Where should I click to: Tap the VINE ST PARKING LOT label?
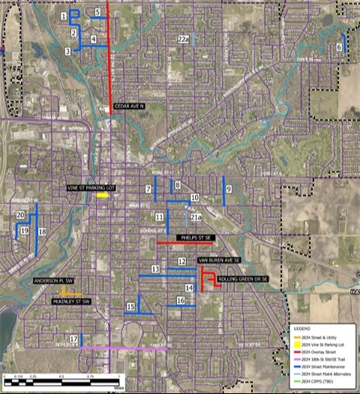tap(90, 187)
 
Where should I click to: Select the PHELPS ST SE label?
tap(196, 237)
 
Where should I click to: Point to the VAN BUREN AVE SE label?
tap(219, 260)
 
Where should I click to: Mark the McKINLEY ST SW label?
tap(70, 301)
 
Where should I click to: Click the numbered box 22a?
tap(183, 38)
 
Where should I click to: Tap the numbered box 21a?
tap(196, 217)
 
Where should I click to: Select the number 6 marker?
tap(339, 47)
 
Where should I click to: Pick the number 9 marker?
tap(228, 188)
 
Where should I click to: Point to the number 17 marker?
tap(73, 339)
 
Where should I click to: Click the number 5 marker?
tap(98, 12)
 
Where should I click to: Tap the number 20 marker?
tap(20, 215)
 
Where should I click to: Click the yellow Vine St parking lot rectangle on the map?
tap(102, 194)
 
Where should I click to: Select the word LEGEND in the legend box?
tap(304, 328)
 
